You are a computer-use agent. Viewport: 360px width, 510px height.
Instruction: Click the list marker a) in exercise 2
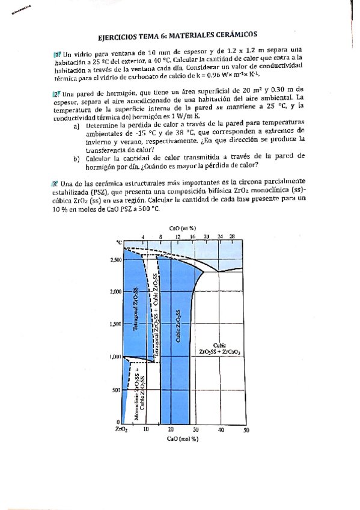point(76,126)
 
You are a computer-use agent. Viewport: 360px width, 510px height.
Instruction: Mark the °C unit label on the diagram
point(119,241)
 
